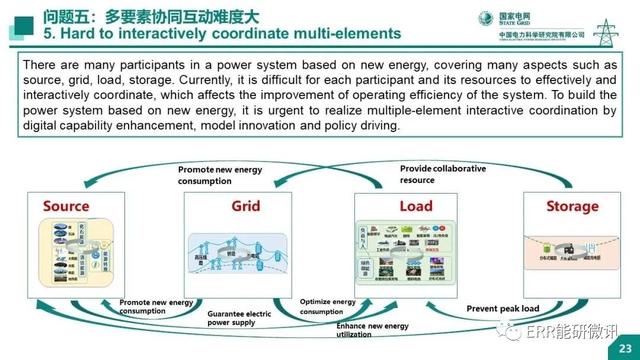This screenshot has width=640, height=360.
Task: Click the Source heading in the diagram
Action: click(65, 207)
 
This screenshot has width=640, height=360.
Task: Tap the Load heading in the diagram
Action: click(415, 207)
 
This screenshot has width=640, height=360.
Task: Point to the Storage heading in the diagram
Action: click(573, 207)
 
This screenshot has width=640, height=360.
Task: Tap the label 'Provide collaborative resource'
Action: click(443, 174)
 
